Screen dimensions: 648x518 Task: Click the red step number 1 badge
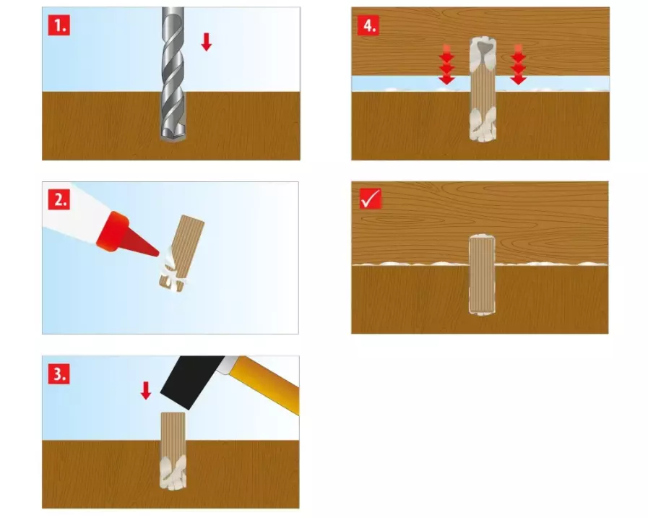59,25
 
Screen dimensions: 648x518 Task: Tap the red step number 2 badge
59,199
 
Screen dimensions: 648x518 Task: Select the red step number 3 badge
59,374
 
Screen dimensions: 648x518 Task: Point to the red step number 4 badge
368,25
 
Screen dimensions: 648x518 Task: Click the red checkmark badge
371,199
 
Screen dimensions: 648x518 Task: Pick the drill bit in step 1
173,74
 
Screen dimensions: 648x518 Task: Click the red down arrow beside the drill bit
206,42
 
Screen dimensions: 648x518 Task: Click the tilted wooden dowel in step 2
182,253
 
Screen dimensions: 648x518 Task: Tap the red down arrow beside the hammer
146,391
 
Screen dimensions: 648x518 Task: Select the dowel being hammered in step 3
173,451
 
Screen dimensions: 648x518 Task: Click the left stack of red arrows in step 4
446,64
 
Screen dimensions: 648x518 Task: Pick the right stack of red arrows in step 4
518,64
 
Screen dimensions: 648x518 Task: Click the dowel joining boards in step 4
483,90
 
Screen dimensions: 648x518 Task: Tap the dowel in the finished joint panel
482,275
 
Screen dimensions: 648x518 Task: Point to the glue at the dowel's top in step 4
483,52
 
